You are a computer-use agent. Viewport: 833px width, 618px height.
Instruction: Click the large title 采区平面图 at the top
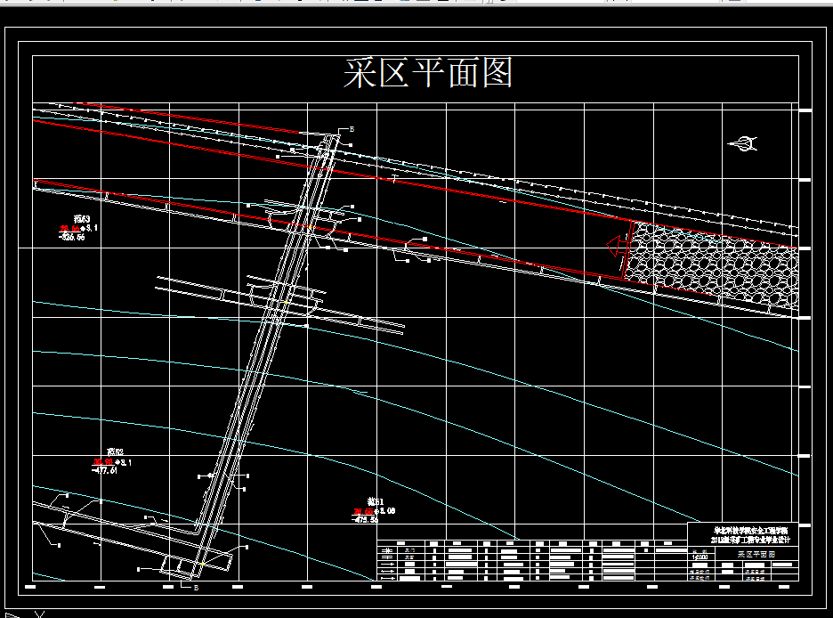pos(428,73)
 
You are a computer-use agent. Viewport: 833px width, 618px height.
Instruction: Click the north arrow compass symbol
pos(742,142)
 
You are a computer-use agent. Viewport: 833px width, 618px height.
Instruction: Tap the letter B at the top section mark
pos(352,130)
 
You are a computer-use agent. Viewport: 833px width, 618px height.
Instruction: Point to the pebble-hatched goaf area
pos(712,264)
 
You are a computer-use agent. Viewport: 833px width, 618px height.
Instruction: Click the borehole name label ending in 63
pos(82,219)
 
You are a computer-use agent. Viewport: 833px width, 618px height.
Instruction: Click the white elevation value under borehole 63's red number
pos(71,238)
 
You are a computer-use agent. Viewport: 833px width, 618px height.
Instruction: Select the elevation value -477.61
pos(105,471)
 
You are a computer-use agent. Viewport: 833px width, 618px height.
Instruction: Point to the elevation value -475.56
pos(367,519)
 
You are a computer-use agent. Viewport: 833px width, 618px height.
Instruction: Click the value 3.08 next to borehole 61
pos(386,510)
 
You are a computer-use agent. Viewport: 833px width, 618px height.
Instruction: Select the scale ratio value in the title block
pos(700,557)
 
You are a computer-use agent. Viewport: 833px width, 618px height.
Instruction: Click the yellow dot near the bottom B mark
pos(202,565)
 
